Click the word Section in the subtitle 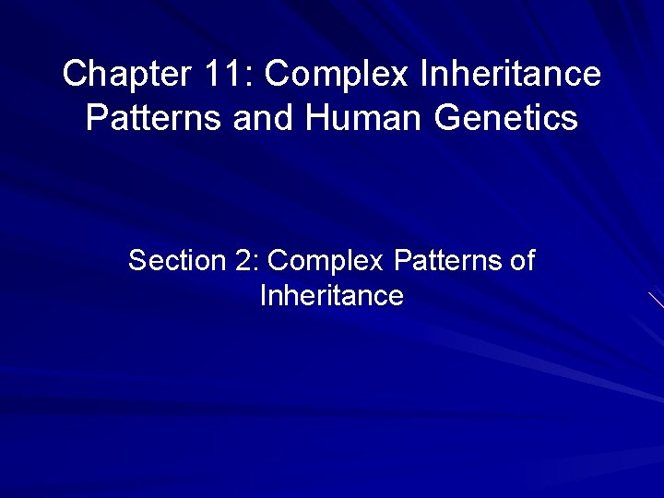point(178,261)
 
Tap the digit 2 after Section point(243,261)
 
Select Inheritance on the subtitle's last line point(332,296)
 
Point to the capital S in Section point(137,261)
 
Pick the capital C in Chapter point(75,74)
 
